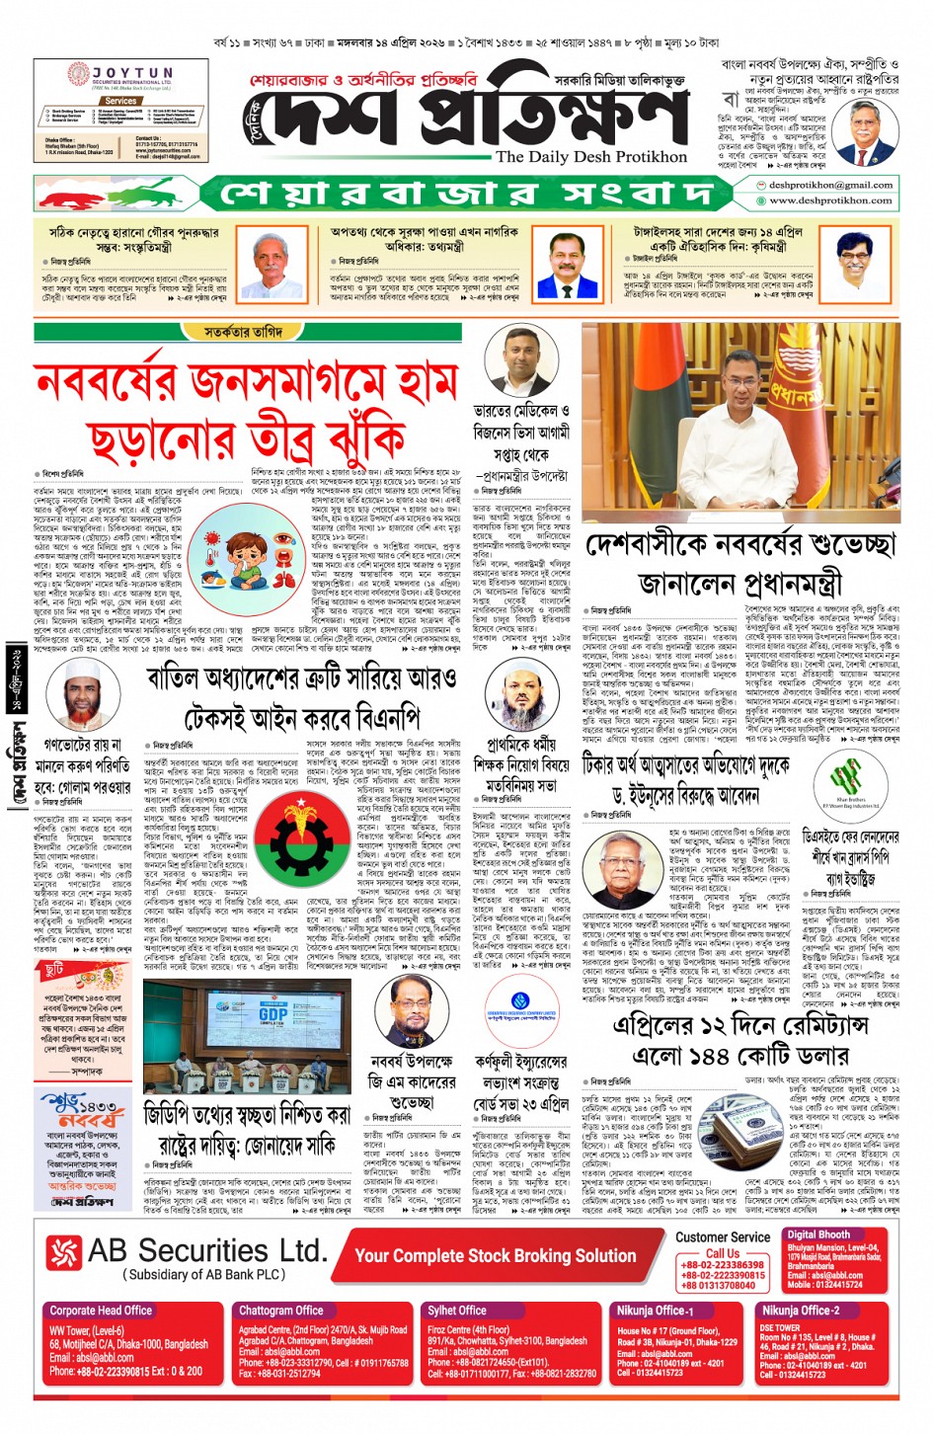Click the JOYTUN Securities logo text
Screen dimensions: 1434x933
click(132, 74)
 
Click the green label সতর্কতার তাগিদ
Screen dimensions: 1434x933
click(243, 332)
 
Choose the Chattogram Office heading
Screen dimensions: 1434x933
click(280, 1311)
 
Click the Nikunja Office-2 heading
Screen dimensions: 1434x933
click(801, 1311)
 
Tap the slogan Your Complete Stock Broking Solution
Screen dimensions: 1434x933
click(495, 1255)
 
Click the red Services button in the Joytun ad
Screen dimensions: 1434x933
click(120, 101)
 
